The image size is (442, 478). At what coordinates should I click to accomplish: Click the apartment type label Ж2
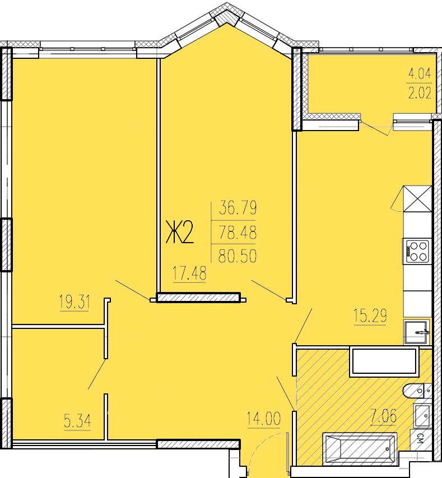(x=179, y=233)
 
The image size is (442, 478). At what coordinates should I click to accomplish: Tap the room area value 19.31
(x=75, y=303)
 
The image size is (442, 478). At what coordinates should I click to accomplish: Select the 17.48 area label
(x=189, y=274)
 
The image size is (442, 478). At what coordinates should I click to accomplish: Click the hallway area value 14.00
(x=263, y=419)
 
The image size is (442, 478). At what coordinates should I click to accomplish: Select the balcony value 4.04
(x=420, y=73)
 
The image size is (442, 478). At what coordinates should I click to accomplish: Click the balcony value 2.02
(x=420, y=92)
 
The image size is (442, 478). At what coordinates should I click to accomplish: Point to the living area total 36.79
(x=238, y=209)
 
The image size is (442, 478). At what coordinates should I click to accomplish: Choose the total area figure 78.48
(x=238, y=233)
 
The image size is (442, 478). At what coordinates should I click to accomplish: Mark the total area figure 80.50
(x=238, y=256)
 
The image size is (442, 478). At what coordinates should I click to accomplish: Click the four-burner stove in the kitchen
(x=417, y=250)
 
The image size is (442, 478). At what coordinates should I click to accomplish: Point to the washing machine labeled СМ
(x=421, y=440)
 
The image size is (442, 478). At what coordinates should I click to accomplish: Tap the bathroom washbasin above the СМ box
(x=423, y=415)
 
